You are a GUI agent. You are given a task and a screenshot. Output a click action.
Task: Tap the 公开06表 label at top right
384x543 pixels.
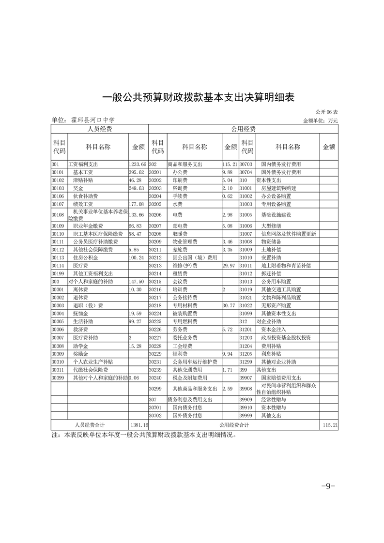[327, 112]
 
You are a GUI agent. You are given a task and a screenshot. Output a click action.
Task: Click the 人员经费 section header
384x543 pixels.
[99, 129]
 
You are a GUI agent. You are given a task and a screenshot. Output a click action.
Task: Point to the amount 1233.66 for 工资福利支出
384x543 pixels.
[138, 165]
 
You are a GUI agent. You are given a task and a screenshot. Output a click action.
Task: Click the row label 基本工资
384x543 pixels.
[83, 172]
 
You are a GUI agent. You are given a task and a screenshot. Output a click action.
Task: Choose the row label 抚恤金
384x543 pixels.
[80, 313]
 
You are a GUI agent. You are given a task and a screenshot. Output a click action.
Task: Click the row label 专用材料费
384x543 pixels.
[185, 305]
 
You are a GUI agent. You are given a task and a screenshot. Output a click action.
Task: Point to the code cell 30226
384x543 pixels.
[155, 329]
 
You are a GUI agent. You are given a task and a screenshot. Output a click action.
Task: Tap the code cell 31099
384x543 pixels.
[246, 313]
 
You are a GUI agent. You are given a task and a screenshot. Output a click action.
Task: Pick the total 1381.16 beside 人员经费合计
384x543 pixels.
[138, 424]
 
